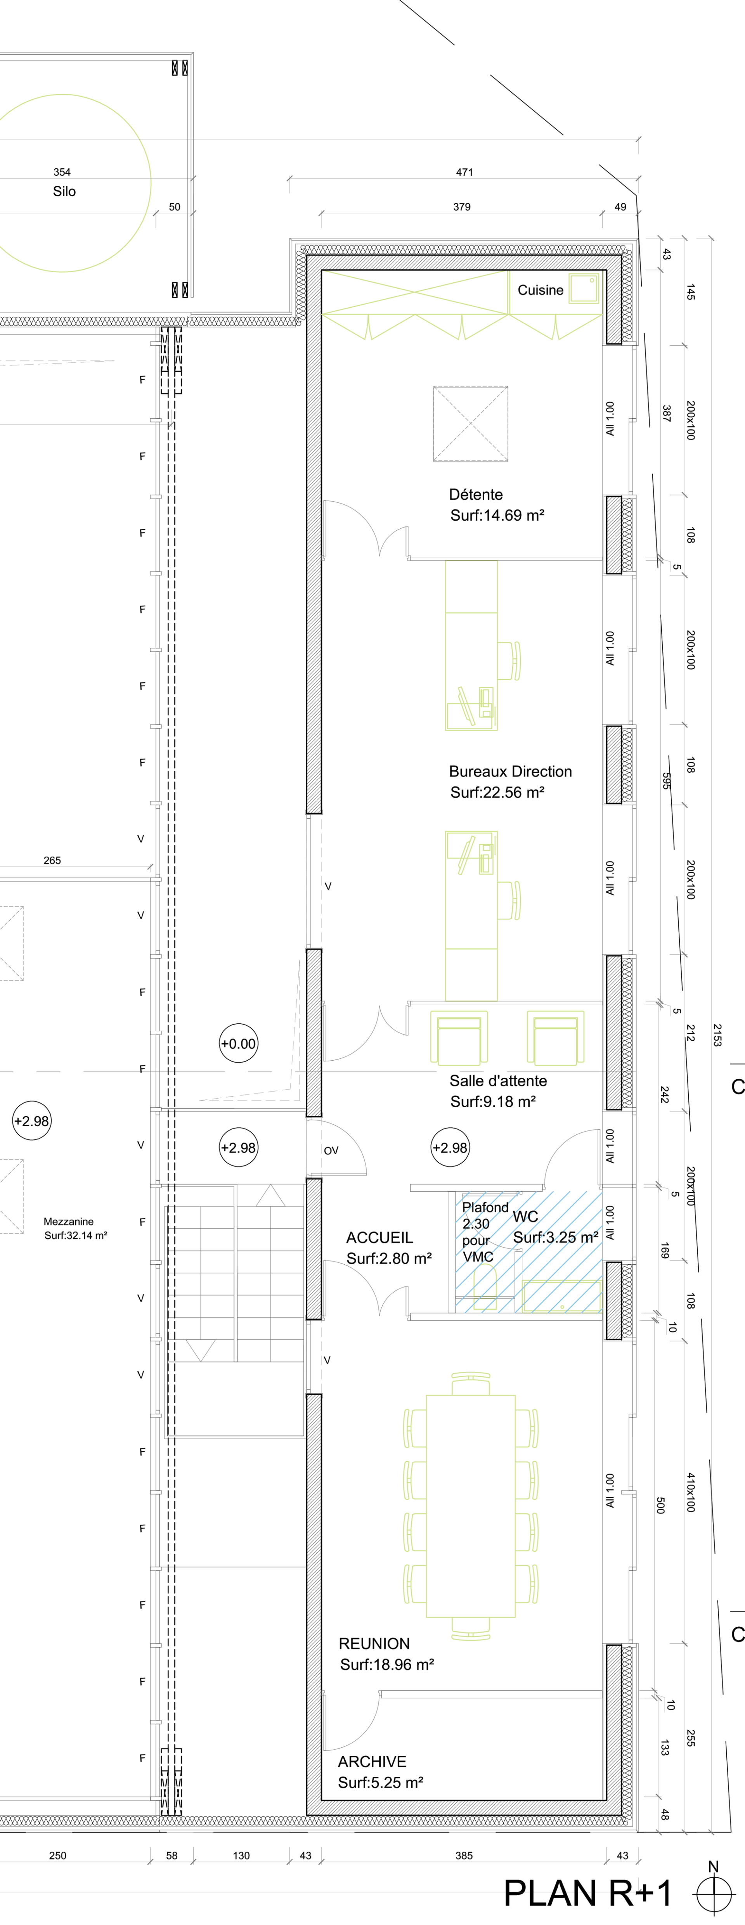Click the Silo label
pyautogui.click(x=64, y=191)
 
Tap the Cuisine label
pyautogui.click(x=540, y=290)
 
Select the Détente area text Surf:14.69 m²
pyautogui.click(x=497, y=515)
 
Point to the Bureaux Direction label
pyautogui.click(x=510, y=771)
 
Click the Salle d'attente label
pyautogui.click(x=498, y=1080)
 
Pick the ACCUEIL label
pyautogui.click(x=379, y=1238)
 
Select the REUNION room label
pyautogui.click(x=374, y=1643)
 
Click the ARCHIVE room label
pyautogui.click(x=372, y=1761)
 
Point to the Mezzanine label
pyautogui.click(x=69, y=1221)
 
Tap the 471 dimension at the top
pyautogui.click(x=465, y=172)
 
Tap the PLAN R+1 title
pyautogui.click(x=588, y=1893)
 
